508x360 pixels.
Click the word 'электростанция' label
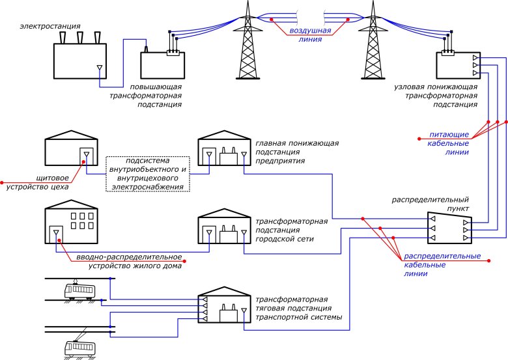tap(47, 26)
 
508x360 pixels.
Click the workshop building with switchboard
tap(70, 152)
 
